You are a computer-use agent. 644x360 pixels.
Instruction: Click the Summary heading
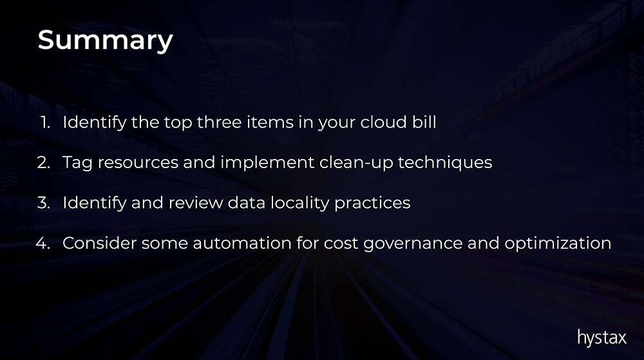tap(105, 41)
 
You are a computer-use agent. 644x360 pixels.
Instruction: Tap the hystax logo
tap(601, 338)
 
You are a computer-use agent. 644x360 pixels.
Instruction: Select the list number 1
tap(46, 122)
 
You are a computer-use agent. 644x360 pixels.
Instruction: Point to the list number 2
tap(44, 162)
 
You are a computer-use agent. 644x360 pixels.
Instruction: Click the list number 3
tap(44, 202)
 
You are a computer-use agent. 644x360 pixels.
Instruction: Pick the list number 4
tap(43, 243)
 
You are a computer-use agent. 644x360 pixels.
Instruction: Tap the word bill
tap(424, 122)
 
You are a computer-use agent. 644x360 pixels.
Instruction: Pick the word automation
tap(242, 243)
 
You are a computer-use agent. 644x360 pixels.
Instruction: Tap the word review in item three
tap(196, 202)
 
